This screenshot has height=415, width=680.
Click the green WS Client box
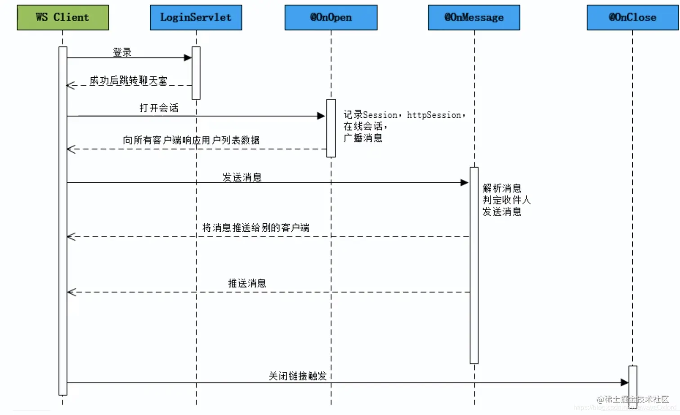coord(63,18)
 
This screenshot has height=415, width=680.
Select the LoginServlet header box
coord(196,18)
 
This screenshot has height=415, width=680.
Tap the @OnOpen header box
coord(331,18)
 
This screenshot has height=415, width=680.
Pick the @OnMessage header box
coord(474,18)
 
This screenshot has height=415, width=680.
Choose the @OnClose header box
coord(632,18)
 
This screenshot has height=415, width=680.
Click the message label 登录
coord(122,52)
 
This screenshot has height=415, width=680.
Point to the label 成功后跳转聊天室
coord(128,80)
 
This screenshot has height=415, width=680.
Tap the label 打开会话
coord(159,108)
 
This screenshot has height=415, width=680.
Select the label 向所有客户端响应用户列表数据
coord(191,140)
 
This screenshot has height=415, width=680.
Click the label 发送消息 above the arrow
coord(242,177)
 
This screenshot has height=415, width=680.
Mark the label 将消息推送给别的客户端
coord(255,228)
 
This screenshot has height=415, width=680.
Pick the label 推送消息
coord(247,283)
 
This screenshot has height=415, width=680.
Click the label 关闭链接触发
coord(297,376)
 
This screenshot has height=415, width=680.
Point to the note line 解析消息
coord(502,188)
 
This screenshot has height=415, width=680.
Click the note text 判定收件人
coord(506,200)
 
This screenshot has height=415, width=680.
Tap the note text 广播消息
coord(363,138)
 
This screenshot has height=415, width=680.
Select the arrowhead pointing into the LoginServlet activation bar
coord(188,57)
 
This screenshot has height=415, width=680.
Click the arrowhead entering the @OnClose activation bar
coord(624,383)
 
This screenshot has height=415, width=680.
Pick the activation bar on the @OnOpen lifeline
coord(331,128)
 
